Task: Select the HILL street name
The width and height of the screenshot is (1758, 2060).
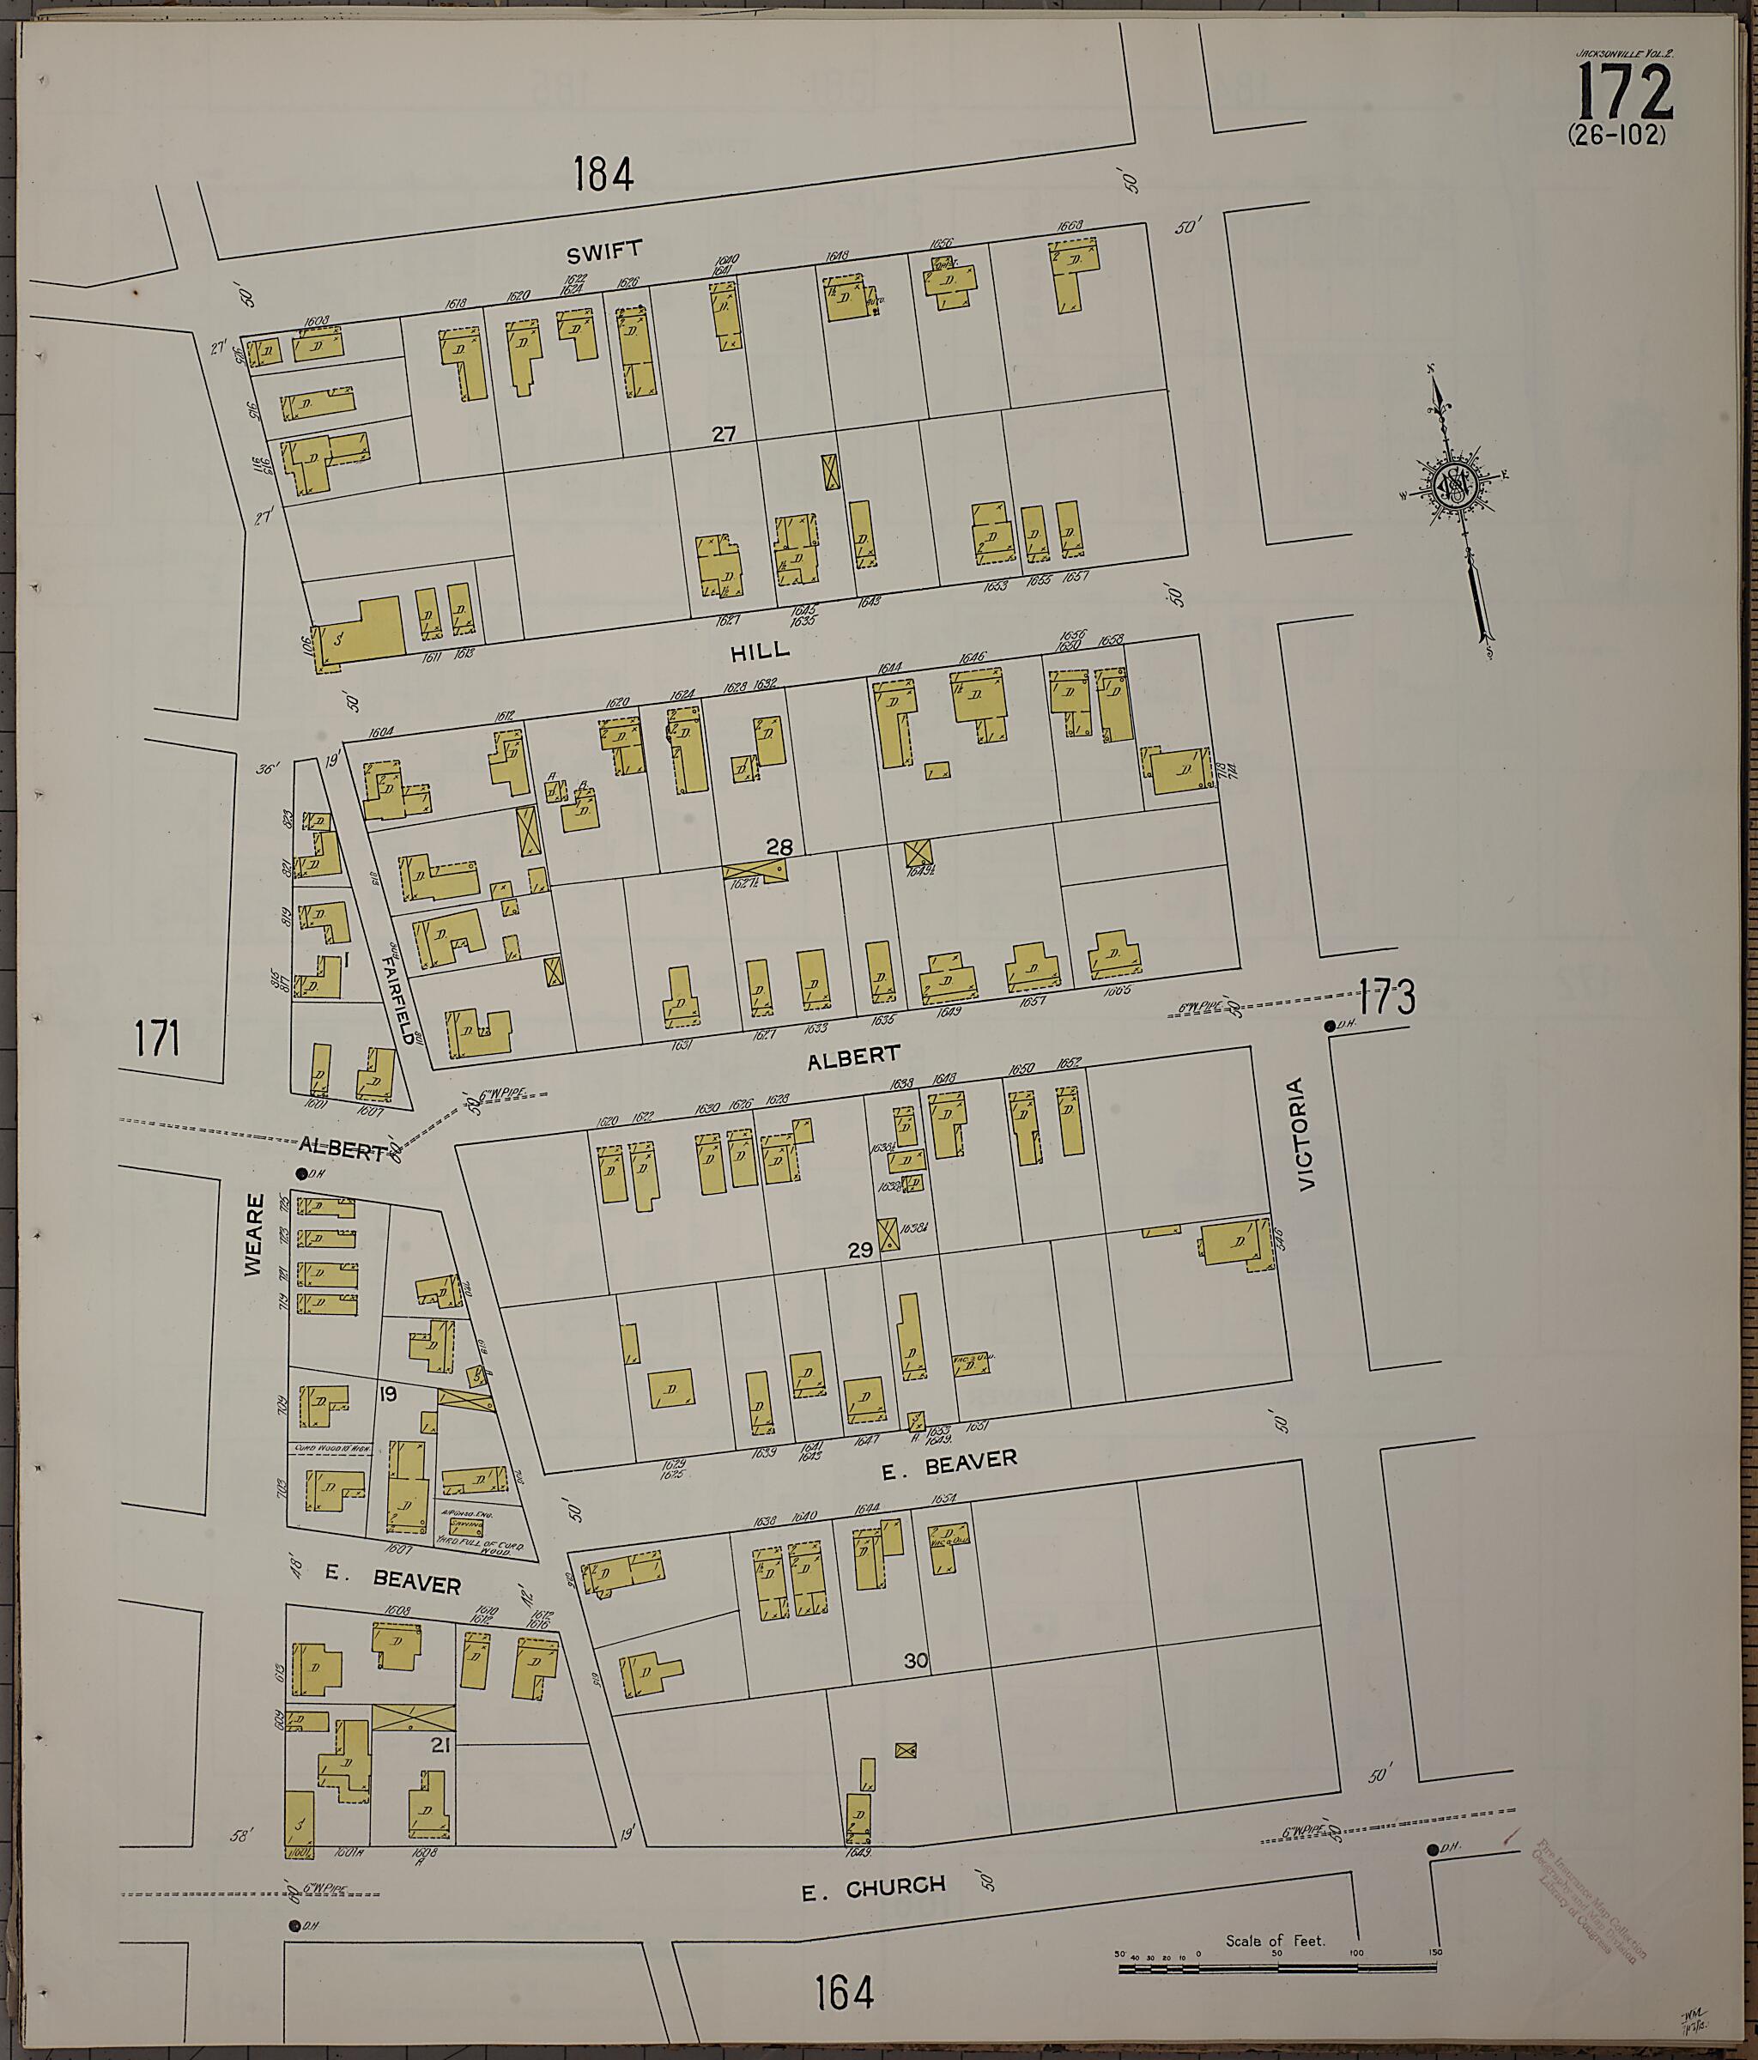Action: pyautogui.click(x=760, y=651)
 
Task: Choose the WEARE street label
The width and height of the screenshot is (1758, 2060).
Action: pyautogui.click(x=255, y=1235)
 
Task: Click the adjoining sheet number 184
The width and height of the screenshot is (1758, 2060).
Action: pyautogui.click(x=603, y=175)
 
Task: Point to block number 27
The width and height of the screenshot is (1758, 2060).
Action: pyautogui.click(x=723, y=433)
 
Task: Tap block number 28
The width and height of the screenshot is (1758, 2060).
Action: pyautogui.click(x=779, y=847)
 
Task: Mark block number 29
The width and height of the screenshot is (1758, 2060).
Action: pyautogui.click(x=860, y=1251)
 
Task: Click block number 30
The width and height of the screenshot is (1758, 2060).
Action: pyautogui.click(x=915, y=1660)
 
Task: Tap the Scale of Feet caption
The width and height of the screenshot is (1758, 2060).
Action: pyautogui.click(x=1275, y=1940)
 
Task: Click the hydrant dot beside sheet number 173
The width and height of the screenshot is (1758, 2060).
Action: pyautogui.click(x=1329, y=1026)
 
